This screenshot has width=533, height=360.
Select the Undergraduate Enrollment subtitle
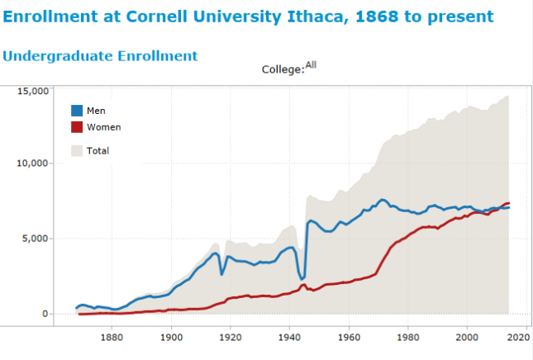click(100, 56)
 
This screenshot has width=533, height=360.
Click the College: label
click(283, 70)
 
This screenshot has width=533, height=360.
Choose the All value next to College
click(311, 64)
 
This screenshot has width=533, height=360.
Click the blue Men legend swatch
click(77, 111)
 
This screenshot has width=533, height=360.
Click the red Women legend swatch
click(77, 127)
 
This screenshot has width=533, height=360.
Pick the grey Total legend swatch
click(77, 150)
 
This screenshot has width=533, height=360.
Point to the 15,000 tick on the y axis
click(33, 90)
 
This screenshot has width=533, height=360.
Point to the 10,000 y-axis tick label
click(33, 163)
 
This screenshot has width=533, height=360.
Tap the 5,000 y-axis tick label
click(36, 239)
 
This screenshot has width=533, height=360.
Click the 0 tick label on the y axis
click(46, 314)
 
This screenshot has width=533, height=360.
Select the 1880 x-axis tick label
click(112, 336)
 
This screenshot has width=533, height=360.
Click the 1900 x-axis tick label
click(171, 336)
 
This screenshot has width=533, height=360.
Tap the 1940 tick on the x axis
click(289, 336)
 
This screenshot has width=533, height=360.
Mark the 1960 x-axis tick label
click(349, 336)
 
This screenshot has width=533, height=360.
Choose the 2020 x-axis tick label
click(526, 336)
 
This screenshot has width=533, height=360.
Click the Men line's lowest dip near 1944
click(302, 278)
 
